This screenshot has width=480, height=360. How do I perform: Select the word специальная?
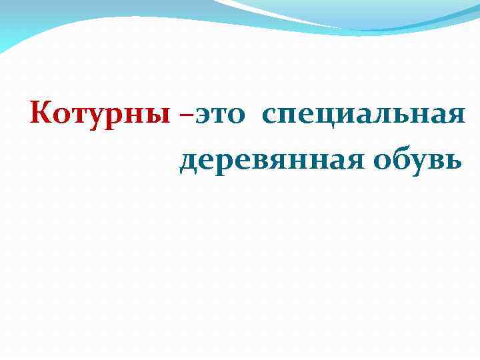363,115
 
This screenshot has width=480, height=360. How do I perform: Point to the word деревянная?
266,160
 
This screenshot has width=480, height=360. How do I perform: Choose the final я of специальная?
453,117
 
